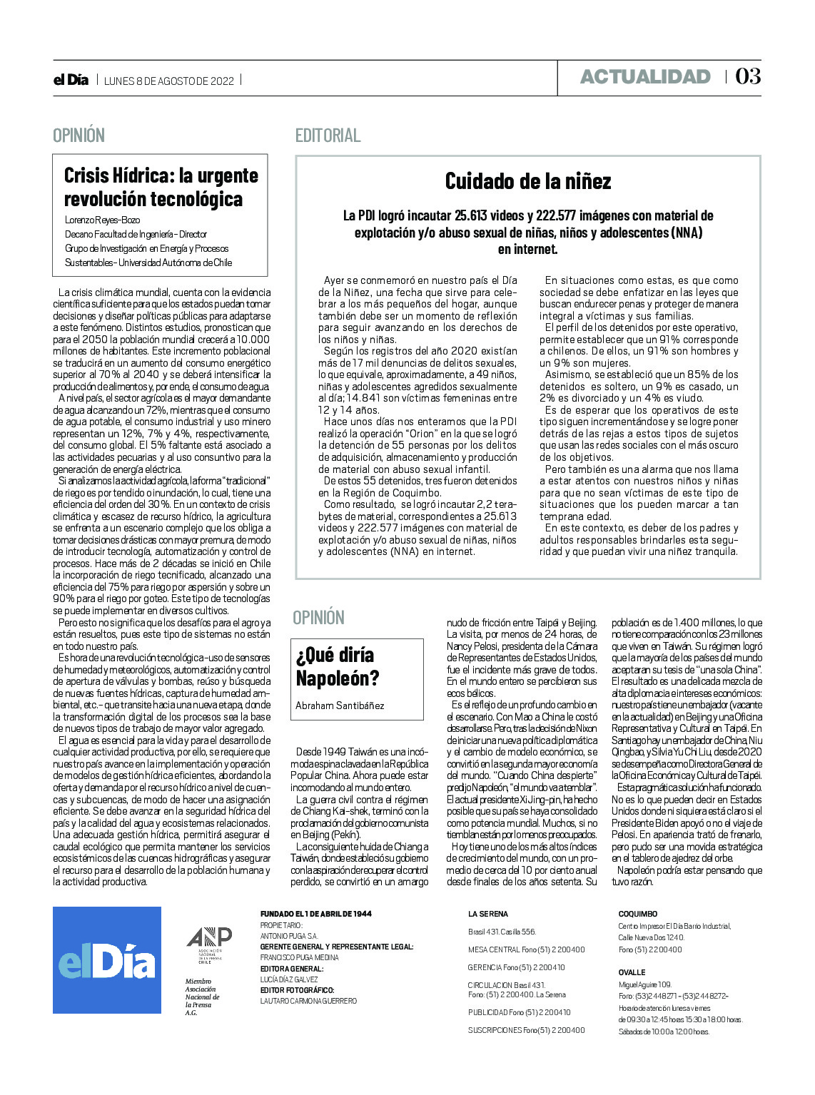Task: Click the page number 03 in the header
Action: tap(747, 76)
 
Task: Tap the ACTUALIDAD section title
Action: tap(645, 77)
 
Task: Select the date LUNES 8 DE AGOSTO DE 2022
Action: tap(169, 81)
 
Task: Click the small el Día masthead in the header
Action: tap(71, 80)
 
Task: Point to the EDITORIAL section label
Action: tap(328, 136)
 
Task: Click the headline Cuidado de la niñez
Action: tap(528, 181)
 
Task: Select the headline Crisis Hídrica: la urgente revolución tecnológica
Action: tap(161, 187)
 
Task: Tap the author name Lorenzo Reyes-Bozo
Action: tap(102, 220)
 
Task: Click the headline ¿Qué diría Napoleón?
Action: tap(338, 666)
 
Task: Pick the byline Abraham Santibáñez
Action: tap(340, 706)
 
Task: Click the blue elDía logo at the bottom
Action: tap(107, 960)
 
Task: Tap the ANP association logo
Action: tap(209, 944)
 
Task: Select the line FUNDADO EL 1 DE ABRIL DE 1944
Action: tap(315, 914)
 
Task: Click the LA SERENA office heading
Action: tap(488, 914)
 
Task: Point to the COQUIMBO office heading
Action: tap(637, 914)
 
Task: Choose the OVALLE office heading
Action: tap(632, 972)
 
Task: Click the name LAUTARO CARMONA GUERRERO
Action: tap(308, 1002)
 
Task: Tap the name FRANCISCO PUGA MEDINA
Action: tap(299, 957)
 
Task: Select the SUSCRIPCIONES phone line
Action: tap(526, 1030)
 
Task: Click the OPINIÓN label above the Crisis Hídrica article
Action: tap(79, 136)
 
